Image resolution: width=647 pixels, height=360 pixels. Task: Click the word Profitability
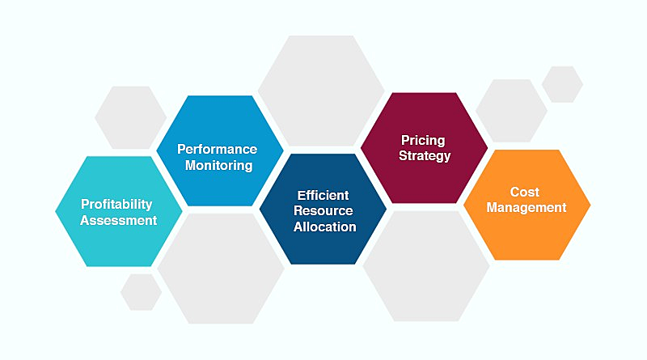(116, 205)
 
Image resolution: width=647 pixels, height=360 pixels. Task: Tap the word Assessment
(118, 221)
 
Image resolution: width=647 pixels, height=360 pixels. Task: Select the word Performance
(217, 149)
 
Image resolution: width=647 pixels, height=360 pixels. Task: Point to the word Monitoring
(218, 165)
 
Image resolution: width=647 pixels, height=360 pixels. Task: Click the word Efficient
(323, 195)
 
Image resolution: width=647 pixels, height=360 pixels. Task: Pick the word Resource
(323, 210)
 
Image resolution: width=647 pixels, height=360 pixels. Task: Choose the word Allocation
(325, 227)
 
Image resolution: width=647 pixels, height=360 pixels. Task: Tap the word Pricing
(423, 141)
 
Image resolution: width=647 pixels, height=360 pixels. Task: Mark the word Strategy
(425, 156)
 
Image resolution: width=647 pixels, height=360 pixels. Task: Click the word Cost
(524, 192)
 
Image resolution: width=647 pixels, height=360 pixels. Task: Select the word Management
(526, 207)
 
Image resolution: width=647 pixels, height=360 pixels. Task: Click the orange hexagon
(527, 205)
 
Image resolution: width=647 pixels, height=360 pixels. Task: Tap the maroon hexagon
(424, 148)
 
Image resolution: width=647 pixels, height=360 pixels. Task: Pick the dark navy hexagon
(323, 209)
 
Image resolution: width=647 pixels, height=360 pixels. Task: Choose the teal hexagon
(119, 211)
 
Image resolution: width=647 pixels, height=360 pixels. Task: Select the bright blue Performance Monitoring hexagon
(220, 150)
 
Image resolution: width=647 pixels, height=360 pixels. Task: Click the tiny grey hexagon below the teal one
(141, 292)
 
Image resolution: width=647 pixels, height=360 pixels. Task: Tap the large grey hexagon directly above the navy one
(321, 91)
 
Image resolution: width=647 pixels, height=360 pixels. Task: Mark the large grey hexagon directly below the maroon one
(426, 266)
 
